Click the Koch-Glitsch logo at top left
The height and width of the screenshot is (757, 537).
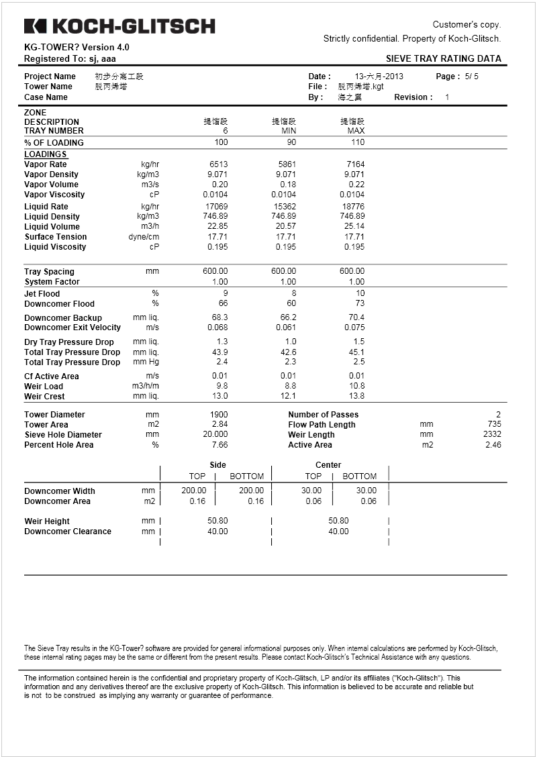tap(119, 26)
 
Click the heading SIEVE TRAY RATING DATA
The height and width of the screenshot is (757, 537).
tap(444, 58)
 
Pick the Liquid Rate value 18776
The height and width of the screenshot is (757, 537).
tap(353, 207)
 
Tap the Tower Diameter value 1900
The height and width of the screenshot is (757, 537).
tap(219, 415)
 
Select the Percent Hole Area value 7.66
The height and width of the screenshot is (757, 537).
tap(219, 445)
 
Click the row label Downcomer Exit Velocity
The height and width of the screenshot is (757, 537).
tap(72, 327)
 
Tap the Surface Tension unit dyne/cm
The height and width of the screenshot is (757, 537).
tap(144, 237)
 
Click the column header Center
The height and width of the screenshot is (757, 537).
tap(328, 465)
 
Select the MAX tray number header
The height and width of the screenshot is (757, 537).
tap(356, 131)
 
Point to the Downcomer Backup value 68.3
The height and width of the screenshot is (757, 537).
tap(219, 317)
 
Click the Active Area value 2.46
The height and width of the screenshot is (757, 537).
tap(493, 445)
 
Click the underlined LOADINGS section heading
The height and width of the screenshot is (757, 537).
tap(46, 154)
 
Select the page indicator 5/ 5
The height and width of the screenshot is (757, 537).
tap(471, 77)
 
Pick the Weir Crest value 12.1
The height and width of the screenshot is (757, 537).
tap(288, 397)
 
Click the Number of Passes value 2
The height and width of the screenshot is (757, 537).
tap(498, 415)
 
